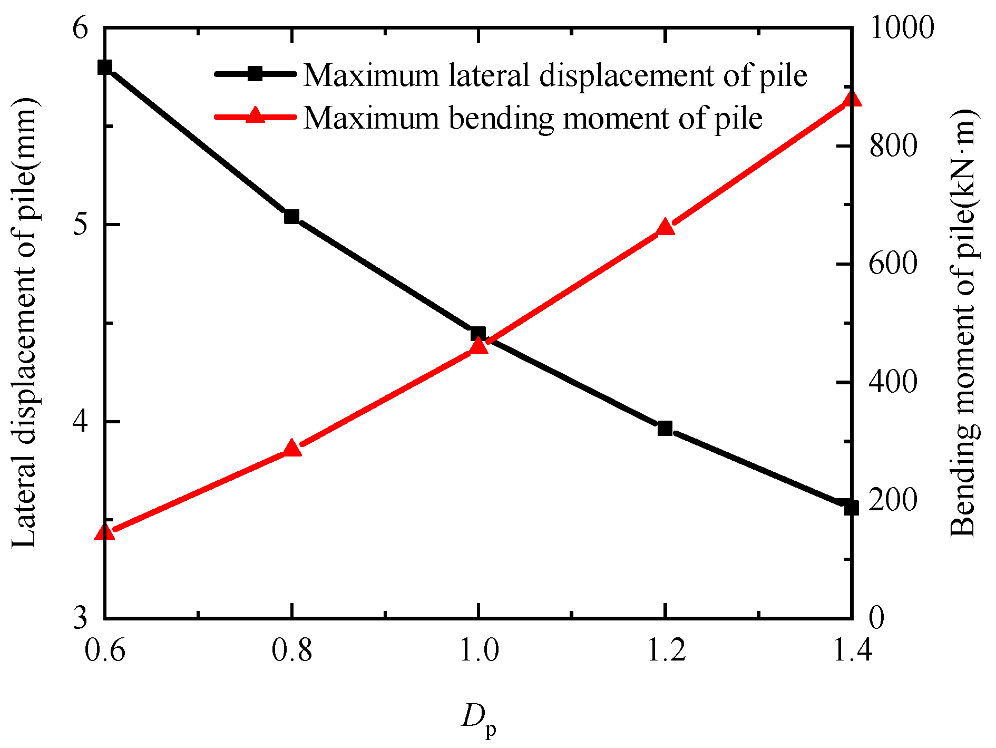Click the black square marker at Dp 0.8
[x=291, y=217]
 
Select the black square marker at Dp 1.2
[x=665, y=428]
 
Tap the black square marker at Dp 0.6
[x=105, y=67]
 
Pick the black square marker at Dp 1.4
[x=851, y=508]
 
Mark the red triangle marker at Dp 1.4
[x=852, y=99]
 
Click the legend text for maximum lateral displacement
[x=555, y=75]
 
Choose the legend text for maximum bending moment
[x=533, y=118]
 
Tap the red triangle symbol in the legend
[x=255, y=115]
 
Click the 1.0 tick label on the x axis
[x=479, y=651]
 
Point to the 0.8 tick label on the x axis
[x=291, y=651]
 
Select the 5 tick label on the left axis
[x=80, y=225]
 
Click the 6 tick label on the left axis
[x=80, y=28]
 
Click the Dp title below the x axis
[x=479, y=719]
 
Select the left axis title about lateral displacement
[x=25, y=323]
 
